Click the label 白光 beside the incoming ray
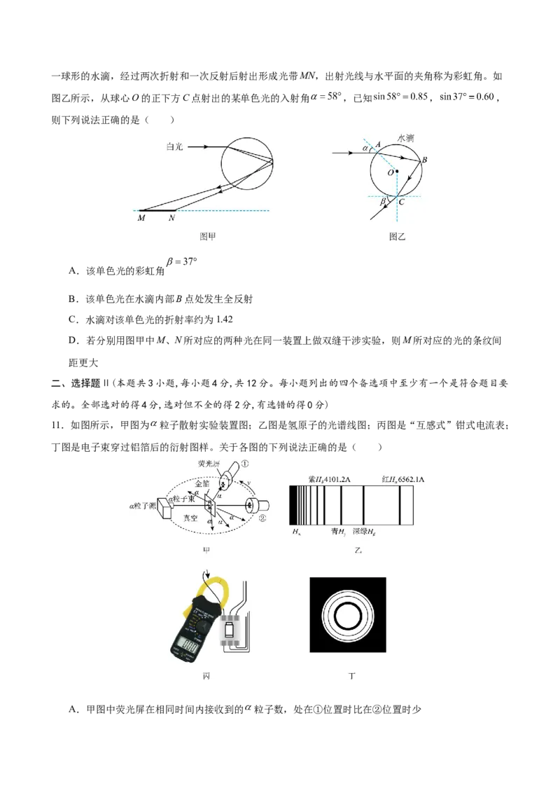(174, 147)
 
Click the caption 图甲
(208, 237)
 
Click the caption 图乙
(397, 237)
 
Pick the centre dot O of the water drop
(397, 170)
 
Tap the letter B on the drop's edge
(424, 160)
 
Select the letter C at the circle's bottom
(401, 202)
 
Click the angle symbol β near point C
(383, 202)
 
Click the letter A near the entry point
(378, 144)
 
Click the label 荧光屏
(210, 464)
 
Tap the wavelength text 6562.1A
(409, 479)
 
